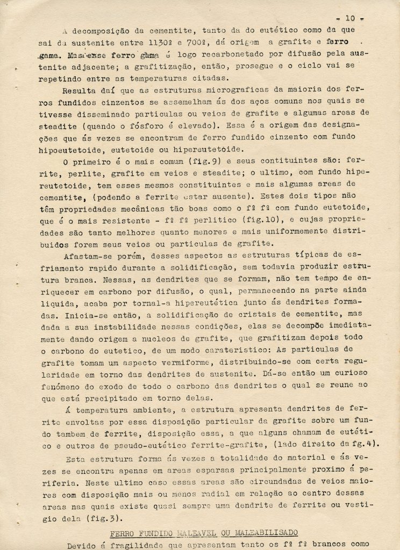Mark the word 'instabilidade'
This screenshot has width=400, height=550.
pyautogui.click(x=132, y=325)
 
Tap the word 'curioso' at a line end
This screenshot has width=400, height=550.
pyautogui.click(x=349, y=372)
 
